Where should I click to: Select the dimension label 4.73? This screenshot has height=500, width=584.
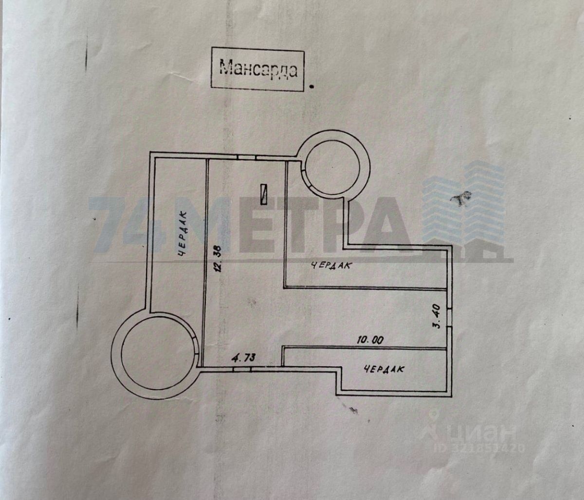coord(243,358)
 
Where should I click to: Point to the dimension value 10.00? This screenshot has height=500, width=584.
coord(370,341)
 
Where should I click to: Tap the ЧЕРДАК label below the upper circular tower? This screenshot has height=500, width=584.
coord(330,265)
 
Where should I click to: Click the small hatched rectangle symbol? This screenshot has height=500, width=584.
coord(264,194)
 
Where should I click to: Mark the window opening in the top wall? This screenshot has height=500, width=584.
coord(247,158)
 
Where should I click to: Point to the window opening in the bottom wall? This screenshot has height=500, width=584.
coord(242,369)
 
